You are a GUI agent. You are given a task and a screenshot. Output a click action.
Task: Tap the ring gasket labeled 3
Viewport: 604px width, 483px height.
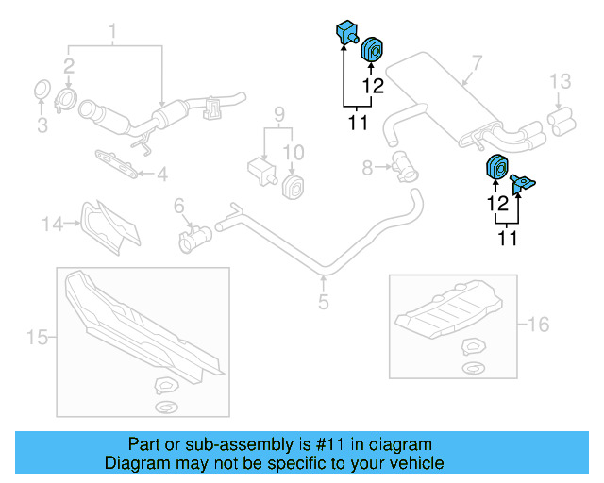41,92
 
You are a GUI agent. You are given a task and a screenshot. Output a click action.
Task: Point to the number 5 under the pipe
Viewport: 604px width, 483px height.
323,302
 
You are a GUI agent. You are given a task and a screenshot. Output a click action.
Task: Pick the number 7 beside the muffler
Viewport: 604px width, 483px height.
477,64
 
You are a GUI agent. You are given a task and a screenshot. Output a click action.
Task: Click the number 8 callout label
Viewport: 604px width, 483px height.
368,168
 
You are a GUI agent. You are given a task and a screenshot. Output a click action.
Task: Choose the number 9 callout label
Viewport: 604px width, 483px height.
278,115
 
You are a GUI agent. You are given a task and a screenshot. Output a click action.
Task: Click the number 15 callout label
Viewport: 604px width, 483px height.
36,337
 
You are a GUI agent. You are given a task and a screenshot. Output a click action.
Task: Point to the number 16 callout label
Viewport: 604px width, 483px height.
537,325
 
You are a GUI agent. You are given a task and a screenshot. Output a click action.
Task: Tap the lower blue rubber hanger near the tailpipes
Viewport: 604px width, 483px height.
495,167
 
